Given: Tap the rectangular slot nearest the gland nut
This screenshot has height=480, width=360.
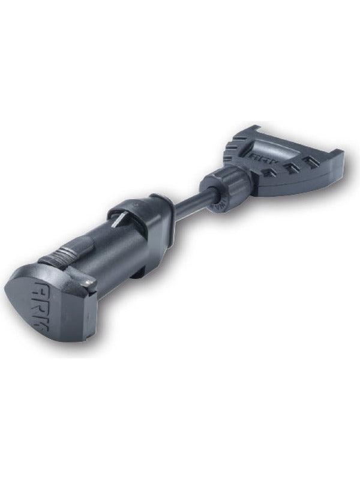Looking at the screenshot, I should point(269,173).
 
